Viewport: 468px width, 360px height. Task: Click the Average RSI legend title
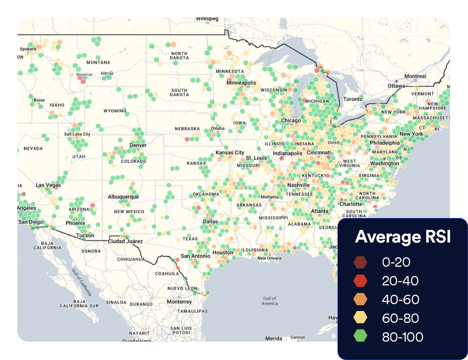tap(403, 237)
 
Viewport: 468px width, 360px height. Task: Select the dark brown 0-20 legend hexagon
tap(360, 262)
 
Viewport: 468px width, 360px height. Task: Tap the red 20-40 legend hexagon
tap(360, 281)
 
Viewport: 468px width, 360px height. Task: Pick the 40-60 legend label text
tap(400, 299)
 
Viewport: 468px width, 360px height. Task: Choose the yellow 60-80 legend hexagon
tap(360, 318)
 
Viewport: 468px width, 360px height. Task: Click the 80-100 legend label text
tap(402, 337)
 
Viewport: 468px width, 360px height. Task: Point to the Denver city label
tap(138, 145)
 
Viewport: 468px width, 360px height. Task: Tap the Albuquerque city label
tap(123, 197)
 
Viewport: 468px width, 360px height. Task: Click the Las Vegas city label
tap(48, 185)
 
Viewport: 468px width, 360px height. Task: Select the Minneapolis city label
tap(241, 83)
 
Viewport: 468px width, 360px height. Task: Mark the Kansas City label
tap(230, 152)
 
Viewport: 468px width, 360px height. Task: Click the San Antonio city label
tap(195, 256)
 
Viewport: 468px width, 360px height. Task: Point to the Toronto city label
tap(353, 99)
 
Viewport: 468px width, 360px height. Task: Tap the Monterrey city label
tap(179, 302)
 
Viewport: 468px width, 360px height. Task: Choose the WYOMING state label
tap(115, 111)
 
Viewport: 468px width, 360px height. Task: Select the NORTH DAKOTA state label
tap(179, 55)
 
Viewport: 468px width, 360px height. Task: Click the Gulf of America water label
tap(270, 301)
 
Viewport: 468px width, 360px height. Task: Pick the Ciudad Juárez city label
tap(125, 241)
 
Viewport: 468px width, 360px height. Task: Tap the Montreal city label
tap(415, 76)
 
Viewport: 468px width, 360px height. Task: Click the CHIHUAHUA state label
tap(131, 259)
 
